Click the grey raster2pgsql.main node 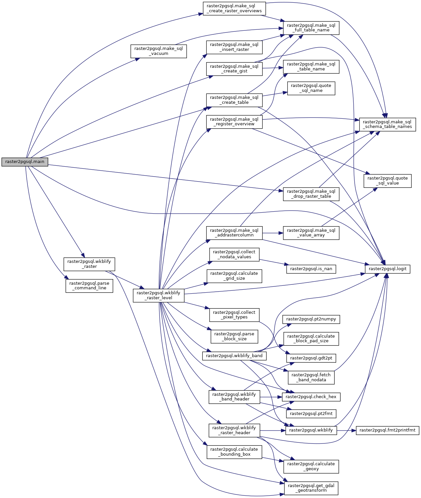tap(25, 162)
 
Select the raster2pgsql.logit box tap(387, 269)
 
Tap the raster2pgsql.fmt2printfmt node tap(387, 430)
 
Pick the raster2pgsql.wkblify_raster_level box tap(158, 295)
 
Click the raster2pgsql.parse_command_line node tap(89, 285)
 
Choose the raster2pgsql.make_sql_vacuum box tap(158, 51)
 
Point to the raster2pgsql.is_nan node tap(311, 269)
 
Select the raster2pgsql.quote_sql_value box tap(387, 181)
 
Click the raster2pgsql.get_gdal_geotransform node tap(311, 488)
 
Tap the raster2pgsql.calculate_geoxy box tap(311, 466)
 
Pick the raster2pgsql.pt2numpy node tap(311, 319)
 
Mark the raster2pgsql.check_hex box tap(311, 397)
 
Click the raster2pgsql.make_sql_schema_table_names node tap(387, 124)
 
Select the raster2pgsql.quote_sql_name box tap(311, 88)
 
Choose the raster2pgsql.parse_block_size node tap(234, 336)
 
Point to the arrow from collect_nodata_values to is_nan tap(272, 262)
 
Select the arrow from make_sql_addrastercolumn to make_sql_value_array tap(273, 233)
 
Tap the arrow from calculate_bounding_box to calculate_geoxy tap(273, 460)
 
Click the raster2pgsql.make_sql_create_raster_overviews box tap(234, 8)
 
